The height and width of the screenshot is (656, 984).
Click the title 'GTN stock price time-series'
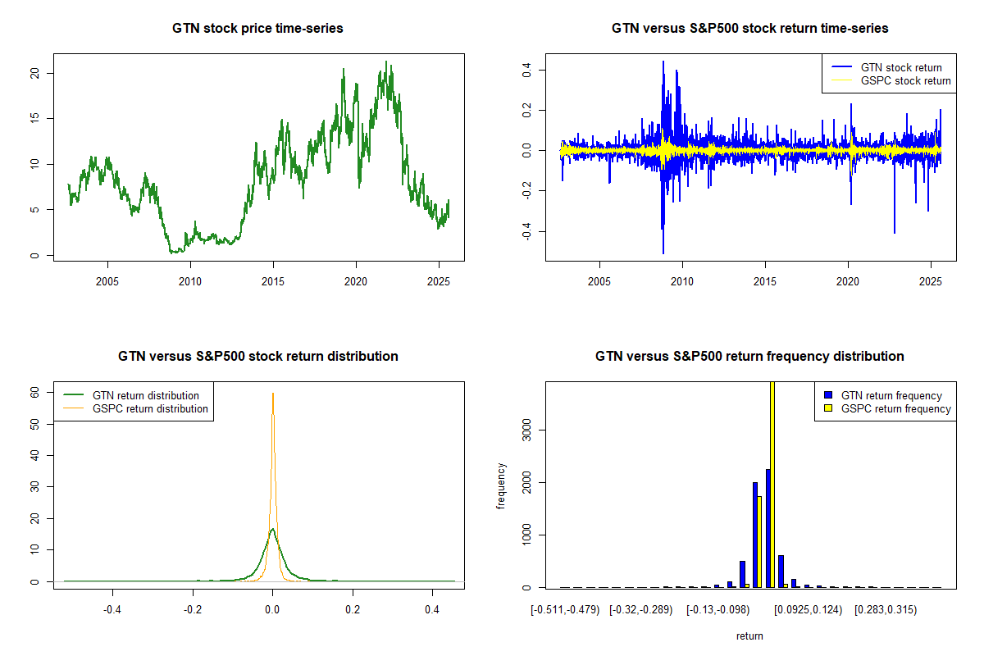click(257, 29)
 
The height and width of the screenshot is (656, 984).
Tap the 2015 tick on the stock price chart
click(273, 281)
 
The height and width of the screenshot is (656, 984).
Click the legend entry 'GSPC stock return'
click(905, 80)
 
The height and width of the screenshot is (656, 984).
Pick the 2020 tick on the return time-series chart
click(848, 281)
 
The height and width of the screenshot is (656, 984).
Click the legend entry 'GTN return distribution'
click(146, 395)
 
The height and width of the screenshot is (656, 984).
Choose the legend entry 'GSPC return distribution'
click(150, 408)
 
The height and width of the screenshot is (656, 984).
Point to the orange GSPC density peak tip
click(272, 394)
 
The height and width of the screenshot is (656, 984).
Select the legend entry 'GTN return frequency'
click(891, 395)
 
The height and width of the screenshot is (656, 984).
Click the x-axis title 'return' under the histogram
click(749, 635)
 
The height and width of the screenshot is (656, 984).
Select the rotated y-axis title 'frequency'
click(502, 485)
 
